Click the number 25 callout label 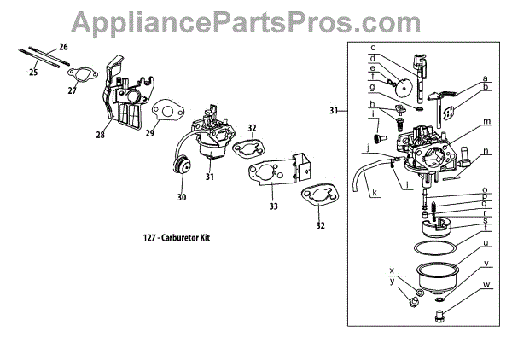33,73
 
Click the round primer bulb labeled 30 182,171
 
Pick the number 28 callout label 100,136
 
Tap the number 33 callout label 273,206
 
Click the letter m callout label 486,122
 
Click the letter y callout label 392,281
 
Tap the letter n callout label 486,152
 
